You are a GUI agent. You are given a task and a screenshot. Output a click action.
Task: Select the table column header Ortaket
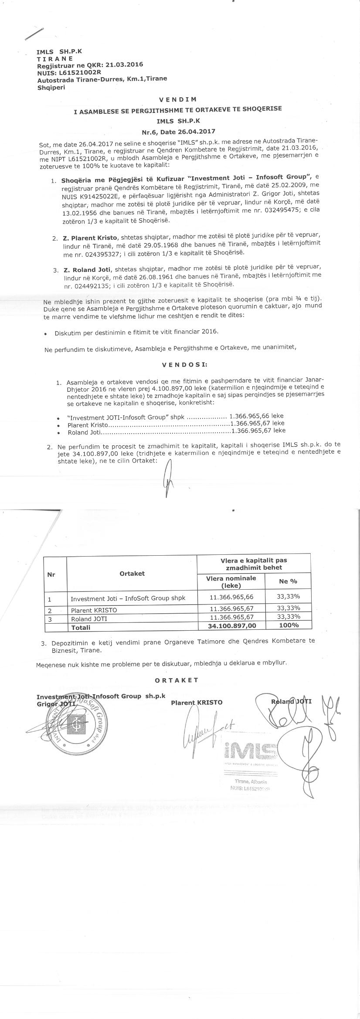[132, 573]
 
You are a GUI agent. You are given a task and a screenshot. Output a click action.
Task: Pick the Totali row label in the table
[81, 627]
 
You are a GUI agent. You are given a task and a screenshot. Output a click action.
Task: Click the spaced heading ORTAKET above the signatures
[177, 680]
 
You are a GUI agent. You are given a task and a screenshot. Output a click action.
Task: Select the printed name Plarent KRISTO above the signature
[197, 702]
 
